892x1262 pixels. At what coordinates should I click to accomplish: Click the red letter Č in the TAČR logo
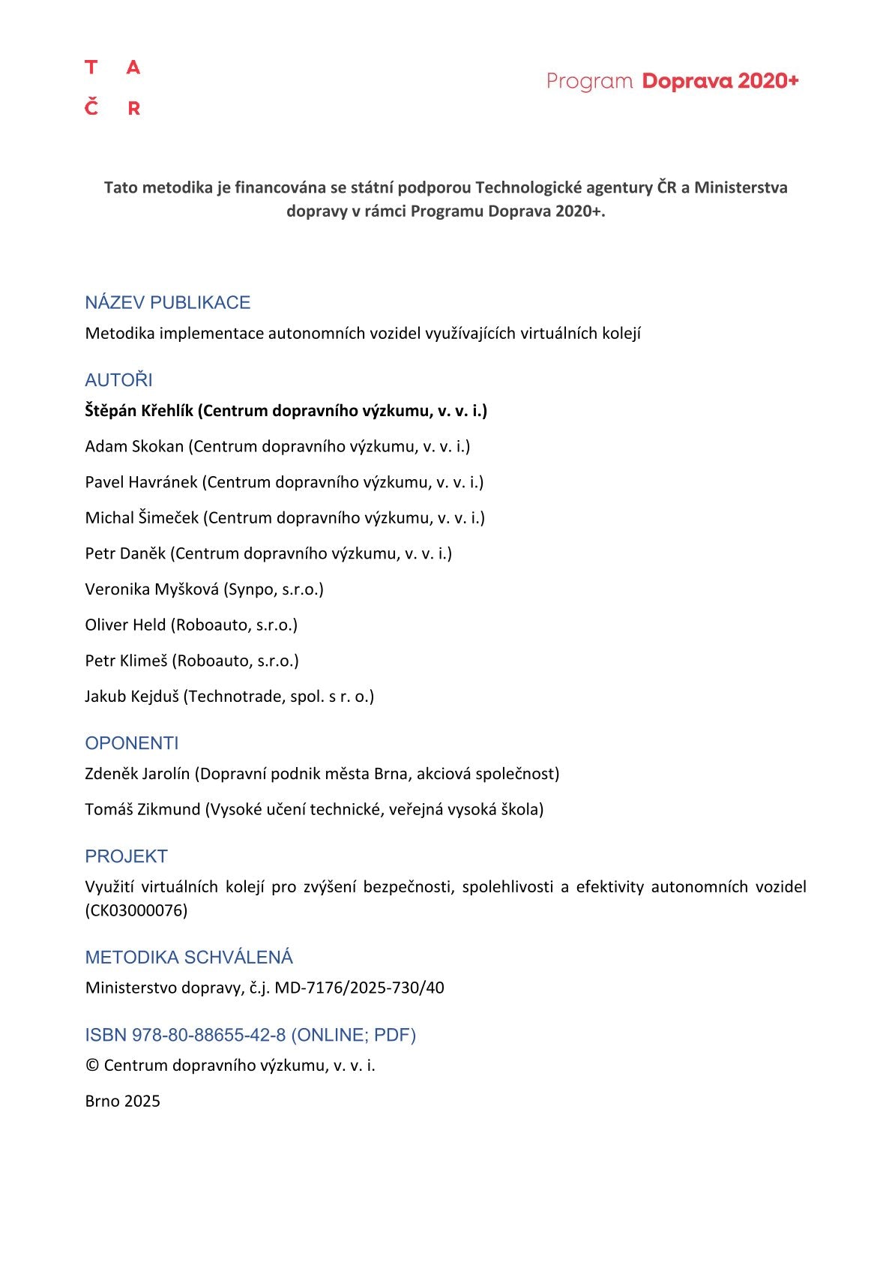pyautogui.click(x=91, y=107)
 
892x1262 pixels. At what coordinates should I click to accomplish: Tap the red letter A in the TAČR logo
pyautogui.click(x=133, y=68)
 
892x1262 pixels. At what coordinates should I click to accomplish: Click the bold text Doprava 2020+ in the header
pyautogui.click(x=720, y=81)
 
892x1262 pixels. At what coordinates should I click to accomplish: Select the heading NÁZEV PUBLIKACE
pyautogui.click(x=167, y=302)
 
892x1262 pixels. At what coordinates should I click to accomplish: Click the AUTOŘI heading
pyautogui.click(x=118, y=380)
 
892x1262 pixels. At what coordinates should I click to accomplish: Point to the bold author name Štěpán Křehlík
pyautogui.click(x=139, y=411)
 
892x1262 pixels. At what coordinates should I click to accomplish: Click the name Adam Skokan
pyautogui.click(x=134, y=447)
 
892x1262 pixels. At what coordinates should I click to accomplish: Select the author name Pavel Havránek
pyautogui.click(x=141, y=482)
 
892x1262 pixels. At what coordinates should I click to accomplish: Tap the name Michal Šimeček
pyautogui.click(x=142, y=518)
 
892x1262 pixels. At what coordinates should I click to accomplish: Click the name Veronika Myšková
pyautogui.click(x=151, y=589)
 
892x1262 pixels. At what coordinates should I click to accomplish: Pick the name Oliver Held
pyautogui.click(x=125, y=625)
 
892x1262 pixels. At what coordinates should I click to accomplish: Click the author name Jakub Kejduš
pyautogui.click(x=132, y=697)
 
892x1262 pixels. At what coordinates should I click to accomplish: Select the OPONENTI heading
pyautogui.click(x=132, y=743)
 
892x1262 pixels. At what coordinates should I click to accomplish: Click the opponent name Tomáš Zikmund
pyautogui.click(x=142, y=810)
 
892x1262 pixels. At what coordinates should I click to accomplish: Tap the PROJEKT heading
pyautogui.click(x=126, y=856)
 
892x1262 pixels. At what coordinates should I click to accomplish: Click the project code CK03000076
pyautogui.click(x=136, y=910)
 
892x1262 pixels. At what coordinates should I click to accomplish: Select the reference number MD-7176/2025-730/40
pyautogui.click(x=359, y=988)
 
